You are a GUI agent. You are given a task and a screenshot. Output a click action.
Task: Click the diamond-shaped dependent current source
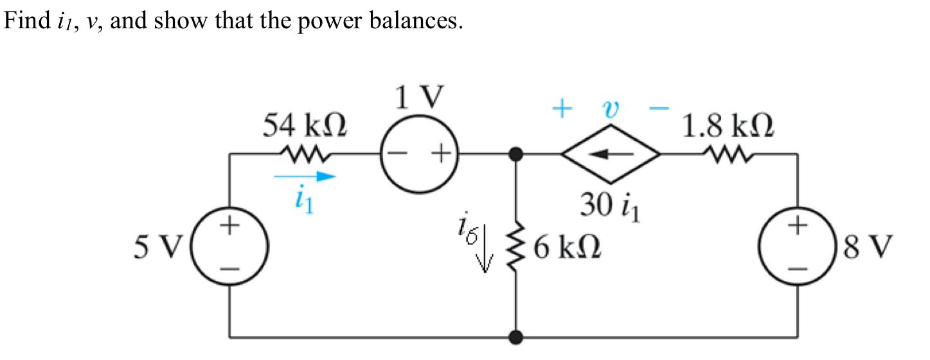click(610, 154)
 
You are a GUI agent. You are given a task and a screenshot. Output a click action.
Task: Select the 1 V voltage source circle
click(420, 154)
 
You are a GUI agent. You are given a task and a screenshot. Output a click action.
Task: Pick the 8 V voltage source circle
click(798, 246)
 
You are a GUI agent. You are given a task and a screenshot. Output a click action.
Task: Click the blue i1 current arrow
click(305, 177)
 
